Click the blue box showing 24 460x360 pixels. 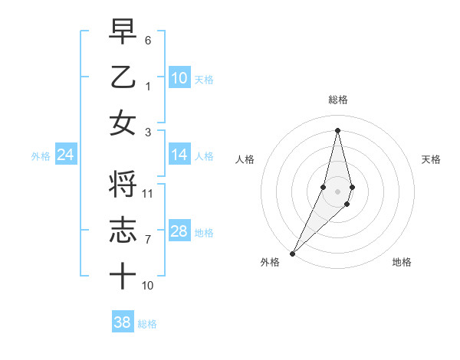(65, 155)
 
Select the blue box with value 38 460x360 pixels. (123, 323)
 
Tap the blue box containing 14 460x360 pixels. (179, 155)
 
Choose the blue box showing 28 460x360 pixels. (179, 231)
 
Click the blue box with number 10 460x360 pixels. (179, 78)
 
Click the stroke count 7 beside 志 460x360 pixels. (148, 240)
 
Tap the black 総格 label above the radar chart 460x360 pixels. (338, 100)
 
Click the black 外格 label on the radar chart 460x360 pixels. (270, 263)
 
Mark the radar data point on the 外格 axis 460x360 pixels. (293, 253)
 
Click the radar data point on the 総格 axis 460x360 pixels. (338, 130)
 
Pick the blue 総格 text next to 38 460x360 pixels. (147, 324)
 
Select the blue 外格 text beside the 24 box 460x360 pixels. (41, 156)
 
